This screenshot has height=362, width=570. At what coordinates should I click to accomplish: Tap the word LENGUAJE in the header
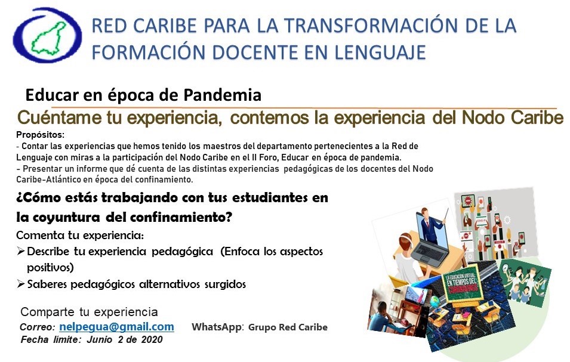coord(380,52)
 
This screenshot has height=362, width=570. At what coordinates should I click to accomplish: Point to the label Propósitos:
coord(41,135)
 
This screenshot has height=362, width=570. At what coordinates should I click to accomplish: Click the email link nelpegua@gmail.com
coord(117,326)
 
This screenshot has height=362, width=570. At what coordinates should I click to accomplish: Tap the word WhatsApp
coord(217,327)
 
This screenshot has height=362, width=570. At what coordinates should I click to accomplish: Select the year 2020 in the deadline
coord(152,339)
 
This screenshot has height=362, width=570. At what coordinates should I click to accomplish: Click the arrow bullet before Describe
coord(21,251)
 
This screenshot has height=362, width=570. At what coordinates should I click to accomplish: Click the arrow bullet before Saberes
coord(21,283)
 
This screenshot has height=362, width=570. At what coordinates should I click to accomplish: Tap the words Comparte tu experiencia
coord(89,312)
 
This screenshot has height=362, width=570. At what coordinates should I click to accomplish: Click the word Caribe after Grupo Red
coord(312,327)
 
